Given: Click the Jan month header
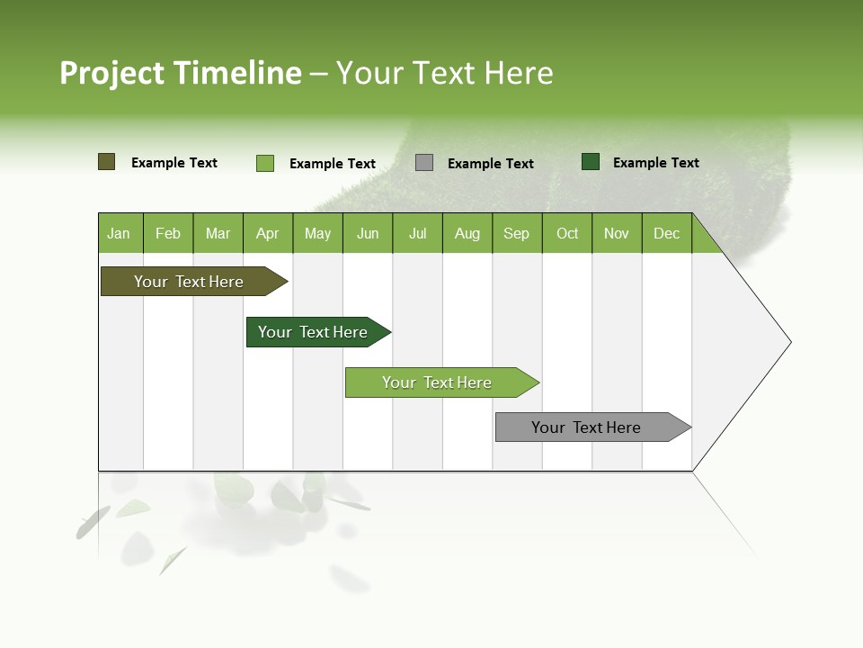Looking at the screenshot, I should pyautogui.click(x=120, y=233).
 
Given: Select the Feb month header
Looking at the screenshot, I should pyautogui.click(x=168, y=233).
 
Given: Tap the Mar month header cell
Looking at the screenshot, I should pyautogui.click(x=218, y=233).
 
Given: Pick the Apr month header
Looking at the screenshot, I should pyautogui.click(x=268, y=233).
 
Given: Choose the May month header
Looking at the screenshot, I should pyautogui.click(x=317, y=233).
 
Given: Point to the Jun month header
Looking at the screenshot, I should pyautogui.click(x=368, y=233).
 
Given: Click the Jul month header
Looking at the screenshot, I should pyautogui.click(x=417, y=233).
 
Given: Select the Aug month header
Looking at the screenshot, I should pyautogui.click(x=467, y=233).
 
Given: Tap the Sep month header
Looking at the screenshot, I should pyautogui.click(x=517, y=233).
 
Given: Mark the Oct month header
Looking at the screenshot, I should pyautogui.click(x=567, y=233).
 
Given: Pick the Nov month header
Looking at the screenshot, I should pyautogui.click(x=617, y=233).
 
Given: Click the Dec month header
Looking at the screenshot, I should pyautogui.click(x=667, y=233).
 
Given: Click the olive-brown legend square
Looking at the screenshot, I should pyautogui.click(x=107, y=162).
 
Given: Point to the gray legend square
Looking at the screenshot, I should pyautogui.click(x=424, y=163).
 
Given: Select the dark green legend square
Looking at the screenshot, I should pyautogui.click(x=591, y=162).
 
